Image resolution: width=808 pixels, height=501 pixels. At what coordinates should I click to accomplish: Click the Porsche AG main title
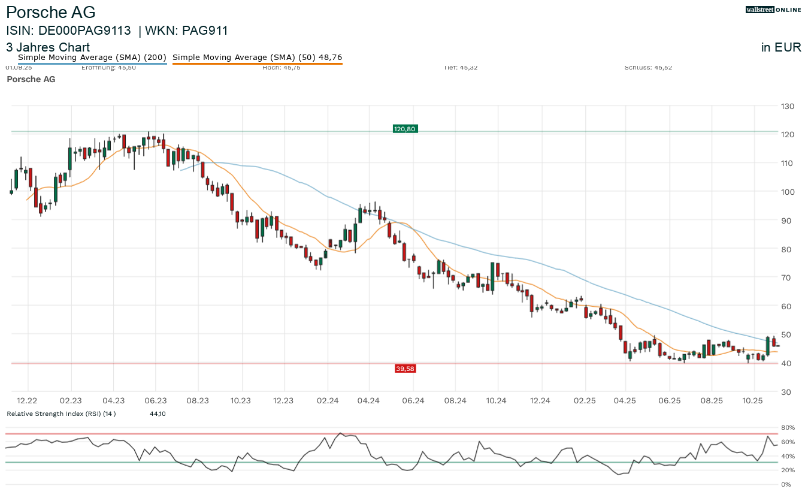51,12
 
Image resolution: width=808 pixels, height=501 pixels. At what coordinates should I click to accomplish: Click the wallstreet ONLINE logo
773,10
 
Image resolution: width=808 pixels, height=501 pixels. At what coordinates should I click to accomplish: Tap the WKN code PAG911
205,31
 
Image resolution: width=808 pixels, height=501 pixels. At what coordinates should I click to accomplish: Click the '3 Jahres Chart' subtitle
48,47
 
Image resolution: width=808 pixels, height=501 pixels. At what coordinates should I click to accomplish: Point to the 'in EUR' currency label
781,47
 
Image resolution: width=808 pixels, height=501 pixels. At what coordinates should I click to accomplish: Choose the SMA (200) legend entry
92,58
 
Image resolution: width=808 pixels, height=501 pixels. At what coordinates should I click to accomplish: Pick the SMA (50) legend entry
257,58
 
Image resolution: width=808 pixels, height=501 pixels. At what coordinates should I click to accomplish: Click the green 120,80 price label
405,129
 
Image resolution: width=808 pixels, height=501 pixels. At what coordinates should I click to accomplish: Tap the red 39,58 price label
405,369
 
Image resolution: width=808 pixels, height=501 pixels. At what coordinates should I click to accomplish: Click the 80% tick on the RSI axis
786,428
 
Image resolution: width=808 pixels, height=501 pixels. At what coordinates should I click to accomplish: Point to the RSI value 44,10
158,414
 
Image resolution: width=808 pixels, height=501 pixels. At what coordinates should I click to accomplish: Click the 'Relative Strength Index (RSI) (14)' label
61,414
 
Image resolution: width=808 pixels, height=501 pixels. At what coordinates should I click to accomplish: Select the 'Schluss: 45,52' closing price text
648,68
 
